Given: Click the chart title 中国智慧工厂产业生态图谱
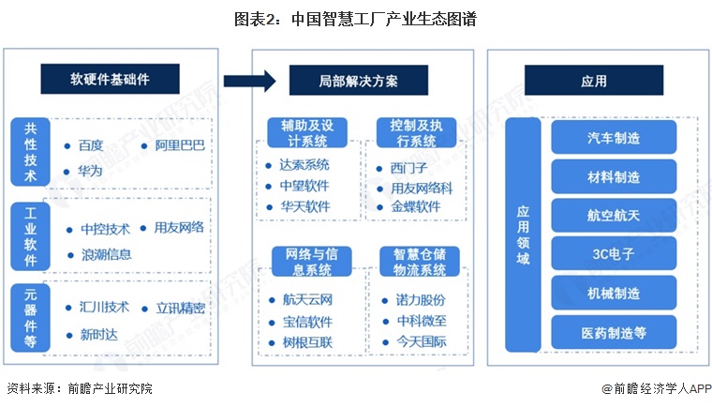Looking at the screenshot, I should [355, 19].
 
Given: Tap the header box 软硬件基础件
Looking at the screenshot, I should [110, 81].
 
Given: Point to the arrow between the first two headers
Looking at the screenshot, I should [249, 81].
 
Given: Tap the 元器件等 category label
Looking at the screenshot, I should [31, 317].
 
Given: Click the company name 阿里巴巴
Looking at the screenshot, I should [177, 145].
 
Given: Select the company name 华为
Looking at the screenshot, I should [90, 172].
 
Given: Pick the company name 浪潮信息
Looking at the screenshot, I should [105, 253].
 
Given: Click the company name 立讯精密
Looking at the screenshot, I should [178, 309].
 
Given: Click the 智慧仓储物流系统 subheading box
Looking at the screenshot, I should [419, 262].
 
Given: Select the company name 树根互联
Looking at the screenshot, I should [306, 341].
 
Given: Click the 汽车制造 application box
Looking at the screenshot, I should [613, 138].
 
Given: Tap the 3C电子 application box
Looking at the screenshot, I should [613, 253].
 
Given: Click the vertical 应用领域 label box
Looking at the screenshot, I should [522, 234].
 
